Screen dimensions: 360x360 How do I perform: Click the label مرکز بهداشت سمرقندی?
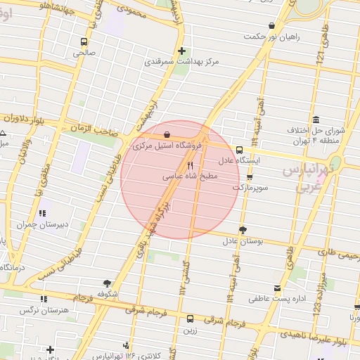pyautogui.click(x=182, y=62)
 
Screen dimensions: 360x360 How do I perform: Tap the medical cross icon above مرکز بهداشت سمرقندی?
pyautogui.click(x=181, y=51)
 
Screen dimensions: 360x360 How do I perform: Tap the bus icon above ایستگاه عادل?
pyautogui.click(x=240, y=150)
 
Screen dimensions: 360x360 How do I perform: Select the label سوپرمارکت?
pyautogui.click(x=250, y=188)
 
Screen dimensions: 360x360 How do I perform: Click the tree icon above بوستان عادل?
pyautogui.click(x=243, y=229)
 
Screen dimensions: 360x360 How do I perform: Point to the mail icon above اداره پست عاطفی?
pyautogui.click(x=278, y=288)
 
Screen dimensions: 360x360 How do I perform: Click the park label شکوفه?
pyautogui.click(x=106, y=293)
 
